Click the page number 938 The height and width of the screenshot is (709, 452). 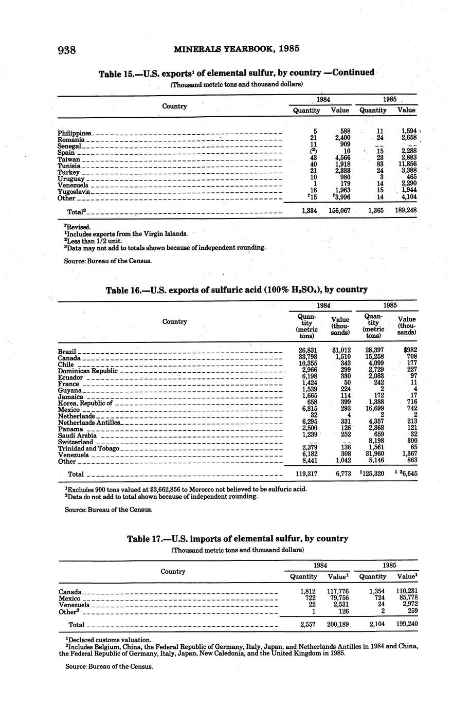(67, 50)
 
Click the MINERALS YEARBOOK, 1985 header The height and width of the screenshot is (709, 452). (237, 49)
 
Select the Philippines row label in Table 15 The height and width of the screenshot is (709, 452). (75, 133)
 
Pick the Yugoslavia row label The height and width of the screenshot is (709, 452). (74, 191)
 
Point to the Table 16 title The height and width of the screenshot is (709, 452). (237, 289)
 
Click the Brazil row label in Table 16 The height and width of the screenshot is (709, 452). (67, 351)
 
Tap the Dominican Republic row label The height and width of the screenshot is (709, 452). (87, 371)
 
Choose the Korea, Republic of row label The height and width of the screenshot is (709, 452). (84, 403)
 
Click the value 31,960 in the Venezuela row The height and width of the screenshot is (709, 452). (373, 455)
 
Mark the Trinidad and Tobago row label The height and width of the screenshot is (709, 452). (88, 448)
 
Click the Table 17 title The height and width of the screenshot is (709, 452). (238, 539)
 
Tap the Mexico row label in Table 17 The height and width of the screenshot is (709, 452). (69, 598)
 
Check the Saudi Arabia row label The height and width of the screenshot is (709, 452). (77, 435)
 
